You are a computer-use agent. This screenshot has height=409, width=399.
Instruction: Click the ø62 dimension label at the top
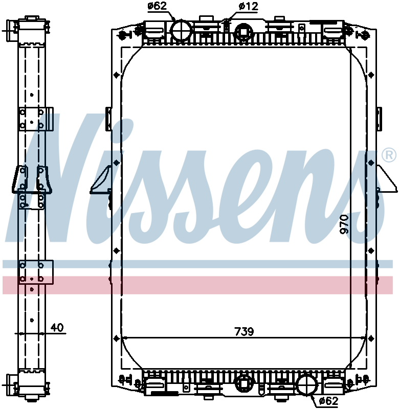[x=158, y=7]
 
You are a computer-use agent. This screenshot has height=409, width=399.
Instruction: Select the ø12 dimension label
[x=249, y=7]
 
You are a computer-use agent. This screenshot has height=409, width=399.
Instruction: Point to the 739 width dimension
[x=245, y=331]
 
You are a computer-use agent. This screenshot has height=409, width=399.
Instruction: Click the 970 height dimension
[x=344, y=224]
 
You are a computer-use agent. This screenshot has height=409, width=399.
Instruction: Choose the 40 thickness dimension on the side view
[x=57, y=328]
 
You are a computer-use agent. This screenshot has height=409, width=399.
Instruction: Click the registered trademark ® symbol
[x=388, y=155]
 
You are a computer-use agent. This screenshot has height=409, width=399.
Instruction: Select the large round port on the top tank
[x=180, y=30]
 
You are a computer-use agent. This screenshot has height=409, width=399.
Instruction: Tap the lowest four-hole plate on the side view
[x=35, y=271]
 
